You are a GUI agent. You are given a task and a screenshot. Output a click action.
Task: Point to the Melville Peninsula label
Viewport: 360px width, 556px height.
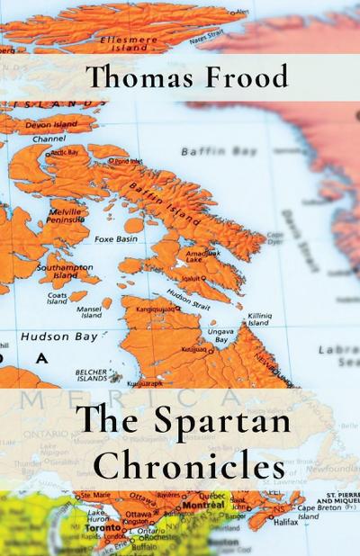[65, 212]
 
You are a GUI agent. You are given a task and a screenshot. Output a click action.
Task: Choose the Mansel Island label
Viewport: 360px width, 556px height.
[91, 312]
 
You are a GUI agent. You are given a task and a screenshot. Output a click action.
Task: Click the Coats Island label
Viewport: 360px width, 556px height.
[58, 297]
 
